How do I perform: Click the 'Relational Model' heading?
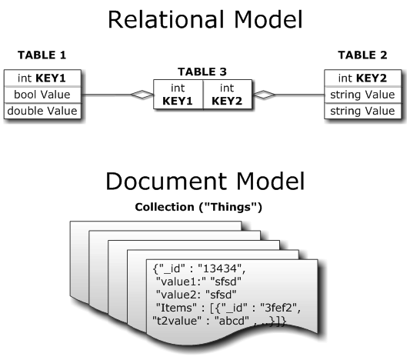click(205, 19)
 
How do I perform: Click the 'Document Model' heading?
click(205, 181)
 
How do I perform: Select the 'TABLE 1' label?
click(42, 55)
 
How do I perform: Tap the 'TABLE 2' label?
click(362, 55)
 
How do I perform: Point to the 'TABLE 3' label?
click(202, 72)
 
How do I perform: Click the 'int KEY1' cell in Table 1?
click(42, 78)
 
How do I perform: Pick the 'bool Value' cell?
click(42, 95)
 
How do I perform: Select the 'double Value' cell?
click(42, 111)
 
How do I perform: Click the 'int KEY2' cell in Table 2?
click(362, 78)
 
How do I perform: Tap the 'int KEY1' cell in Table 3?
click(178, 95)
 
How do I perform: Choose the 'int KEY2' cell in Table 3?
click(227, 95)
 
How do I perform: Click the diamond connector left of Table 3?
click(142, 95)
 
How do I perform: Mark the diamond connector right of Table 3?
click(264, 95)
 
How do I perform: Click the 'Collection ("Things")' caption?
click(198, 207)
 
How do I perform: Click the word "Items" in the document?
click(176, 308)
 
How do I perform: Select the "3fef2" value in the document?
click(278, 308)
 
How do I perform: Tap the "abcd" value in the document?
click(232, 321)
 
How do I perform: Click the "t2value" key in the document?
click(177, 321)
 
